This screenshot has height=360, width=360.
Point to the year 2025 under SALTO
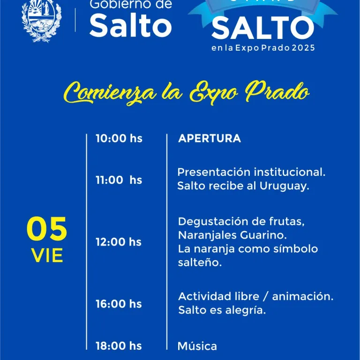coord(303,48)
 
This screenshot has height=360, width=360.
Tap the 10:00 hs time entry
coord(119,138)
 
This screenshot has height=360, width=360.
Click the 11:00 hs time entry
coord(119,180)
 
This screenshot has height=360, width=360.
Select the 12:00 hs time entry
coord(119,242)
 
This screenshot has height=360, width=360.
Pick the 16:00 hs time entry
coord(119,304)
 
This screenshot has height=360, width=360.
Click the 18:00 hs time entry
coord(119,346)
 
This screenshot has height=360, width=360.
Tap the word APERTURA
coord(210,138)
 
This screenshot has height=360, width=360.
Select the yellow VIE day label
coord(47,255)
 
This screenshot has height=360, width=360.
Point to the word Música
coord(197,346)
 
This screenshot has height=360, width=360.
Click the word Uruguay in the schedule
coord(288,187)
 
